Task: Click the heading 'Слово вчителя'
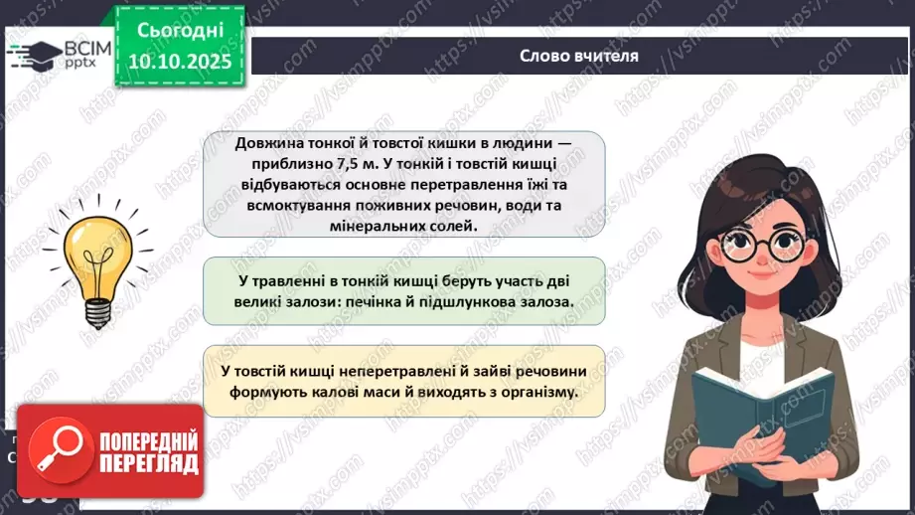point(578,56)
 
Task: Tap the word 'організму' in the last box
point(538,392)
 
